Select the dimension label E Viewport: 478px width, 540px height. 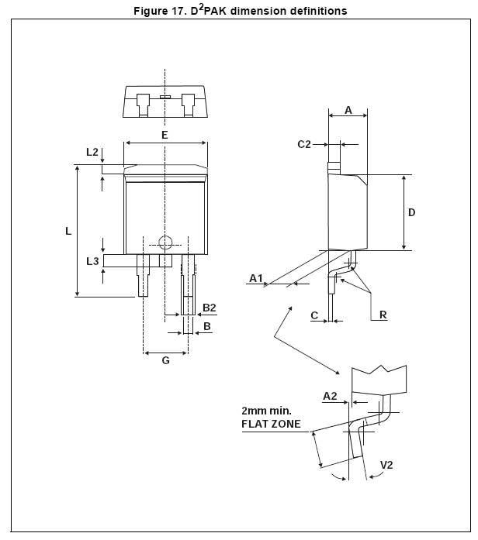click(165, 135)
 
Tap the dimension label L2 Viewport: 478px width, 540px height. click(92, 152)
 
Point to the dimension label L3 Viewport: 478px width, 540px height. click(92, 261)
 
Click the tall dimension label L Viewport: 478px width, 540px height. click(68, 231)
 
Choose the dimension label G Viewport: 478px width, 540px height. click(165, 361)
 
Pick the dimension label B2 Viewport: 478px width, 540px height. click(209, 308)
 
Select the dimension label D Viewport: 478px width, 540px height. click(412, 212)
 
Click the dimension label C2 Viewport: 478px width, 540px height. click(304, 144)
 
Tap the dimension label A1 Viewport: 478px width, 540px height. click(257, 277)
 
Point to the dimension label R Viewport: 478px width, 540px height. click(383, 315)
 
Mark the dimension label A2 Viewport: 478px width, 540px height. click(330, 396)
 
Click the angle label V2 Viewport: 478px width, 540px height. click(387, 465)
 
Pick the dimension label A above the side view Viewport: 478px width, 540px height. click(348, 111)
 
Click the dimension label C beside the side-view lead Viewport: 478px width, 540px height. click(314, 315)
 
